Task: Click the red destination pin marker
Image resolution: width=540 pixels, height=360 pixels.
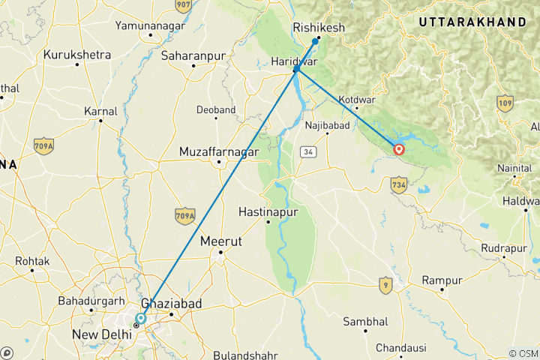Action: pyautogui.click(x=399, y=148)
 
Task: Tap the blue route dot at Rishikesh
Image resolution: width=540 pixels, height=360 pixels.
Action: pyautogui.click(x=316, y=40)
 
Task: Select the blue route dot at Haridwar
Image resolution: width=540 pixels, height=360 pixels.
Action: pyautogui.click(x=296, y=69)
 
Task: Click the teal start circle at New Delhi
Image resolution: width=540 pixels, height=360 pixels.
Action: pyautogui.click(x=141, y=319)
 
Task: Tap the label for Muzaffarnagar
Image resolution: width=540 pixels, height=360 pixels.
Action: pyautogui.click(x=218, y=151)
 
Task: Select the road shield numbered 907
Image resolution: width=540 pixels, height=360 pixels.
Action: pyautogui.click(x=183, y=6)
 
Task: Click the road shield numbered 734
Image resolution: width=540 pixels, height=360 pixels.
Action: pyautogui.click(x=398, y=183)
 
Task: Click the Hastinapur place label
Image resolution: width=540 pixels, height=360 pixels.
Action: pyautogui.click(x=268, y=212)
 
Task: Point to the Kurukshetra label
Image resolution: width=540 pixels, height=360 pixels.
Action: pyautogui.click(x=77, y=55)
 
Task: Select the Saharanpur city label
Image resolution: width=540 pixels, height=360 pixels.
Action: pyautogui.click(x=193, y=55)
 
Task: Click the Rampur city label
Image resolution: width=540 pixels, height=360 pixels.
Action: pyautogui.click(x=442, y=280)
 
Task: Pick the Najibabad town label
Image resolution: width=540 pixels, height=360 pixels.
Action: pyautogui.click(x=328, y=124)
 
